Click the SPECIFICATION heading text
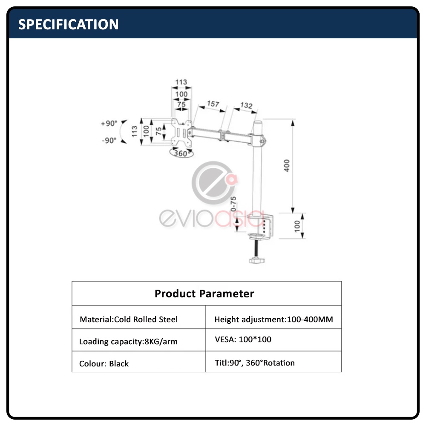click(68, 24)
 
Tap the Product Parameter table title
click(204, 294)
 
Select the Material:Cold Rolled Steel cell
click(129, 319)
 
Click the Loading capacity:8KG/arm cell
click(128, 341)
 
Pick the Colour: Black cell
click(104, 363)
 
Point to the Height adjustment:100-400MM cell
click(273, 319)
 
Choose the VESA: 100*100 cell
click(243, 340)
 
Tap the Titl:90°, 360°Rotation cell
click(255, 363)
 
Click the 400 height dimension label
click(287, 165)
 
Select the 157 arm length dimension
click(213, 104)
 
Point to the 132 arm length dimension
click(246, 105)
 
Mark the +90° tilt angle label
click(109, 124)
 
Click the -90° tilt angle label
click(109, 140)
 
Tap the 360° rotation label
click(181, 153)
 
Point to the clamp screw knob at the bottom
click(257, 259)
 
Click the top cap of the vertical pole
click(258, 123)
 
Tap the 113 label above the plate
click(181, 82)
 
